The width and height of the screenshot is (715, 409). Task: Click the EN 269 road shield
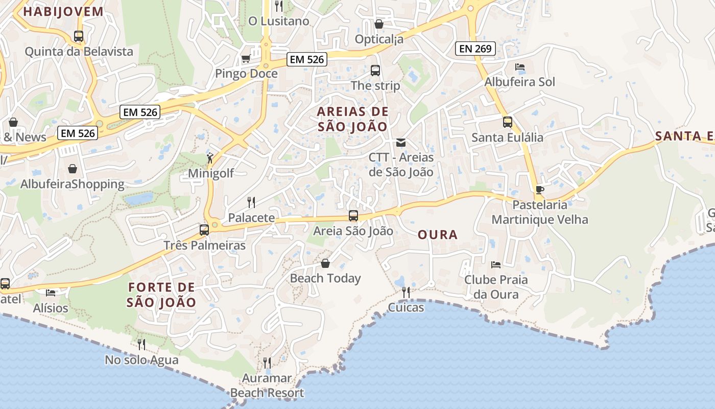475,49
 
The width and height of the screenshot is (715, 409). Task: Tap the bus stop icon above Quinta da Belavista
79,36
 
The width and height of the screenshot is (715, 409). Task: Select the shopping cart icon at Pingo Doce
246,59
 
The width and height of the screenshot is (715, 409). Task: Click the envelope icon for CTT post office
401,142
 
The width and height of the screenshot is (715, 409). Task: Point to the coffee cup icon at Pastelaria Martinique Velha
540,190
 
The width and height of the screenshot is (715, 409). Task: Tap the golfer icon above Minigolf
210,158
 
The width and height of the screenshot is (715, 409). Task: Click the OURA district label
438,235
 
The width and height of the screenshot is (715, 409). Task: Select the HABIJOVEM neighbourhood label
63,12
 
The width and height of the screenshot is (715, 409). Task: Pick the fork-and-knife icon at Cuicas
406,292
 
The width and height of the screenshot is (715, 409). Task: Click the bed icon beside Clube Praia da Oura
495,264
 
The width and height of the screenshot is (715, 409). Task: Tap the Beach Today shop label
325,278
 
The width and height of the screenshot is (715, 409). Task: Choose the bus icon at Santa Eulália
507,122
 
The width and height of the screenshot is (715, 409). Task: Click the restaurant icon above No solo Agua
141,345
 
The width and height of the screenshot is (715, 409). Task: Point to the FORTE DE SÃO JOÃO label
161,294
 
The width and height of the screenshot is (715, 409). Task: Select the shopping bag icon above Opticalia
379,24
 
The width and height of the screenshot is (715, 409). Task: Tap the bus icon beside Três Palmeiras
204,230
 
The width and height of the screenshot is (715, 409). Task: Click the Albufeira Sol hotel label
519,82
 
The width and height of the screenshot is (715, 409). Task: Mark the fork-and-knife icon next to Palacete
251,202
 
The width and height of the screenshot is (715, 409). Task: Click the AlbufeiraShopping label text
73,184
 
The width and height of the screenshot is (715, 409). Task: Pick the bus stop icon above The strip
375,71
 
